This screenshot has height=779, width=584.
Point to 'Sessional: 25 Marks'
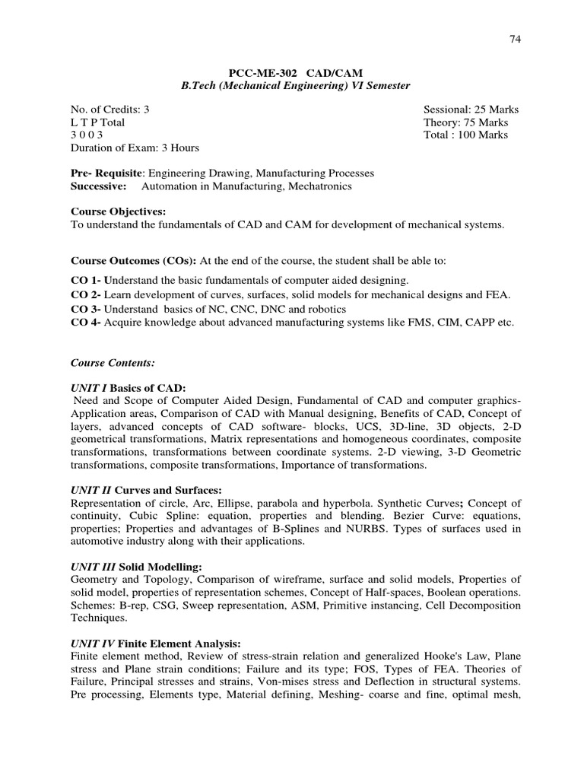point(471,110)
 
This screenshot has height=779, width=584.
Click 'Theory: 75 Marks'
point(466,122)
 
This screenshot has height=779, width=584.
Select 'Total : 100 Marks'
point(465,135)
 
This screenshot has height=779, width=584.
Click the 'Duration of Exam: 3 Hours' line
point(135,148)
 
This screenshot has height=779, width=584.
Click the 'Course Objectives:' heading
point(118,212)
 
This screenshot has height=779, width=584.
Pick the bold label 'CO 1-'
point(85,281)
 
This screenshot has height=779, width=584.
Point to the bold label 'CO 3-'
point(85,309)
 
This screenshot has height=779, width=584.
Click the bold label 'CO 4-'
point(85,323)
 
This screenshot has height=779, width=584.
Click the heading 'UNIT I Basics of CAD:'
point(128,387)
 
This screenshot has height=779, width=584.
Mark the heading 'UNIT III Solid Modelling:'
point(138,566)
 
